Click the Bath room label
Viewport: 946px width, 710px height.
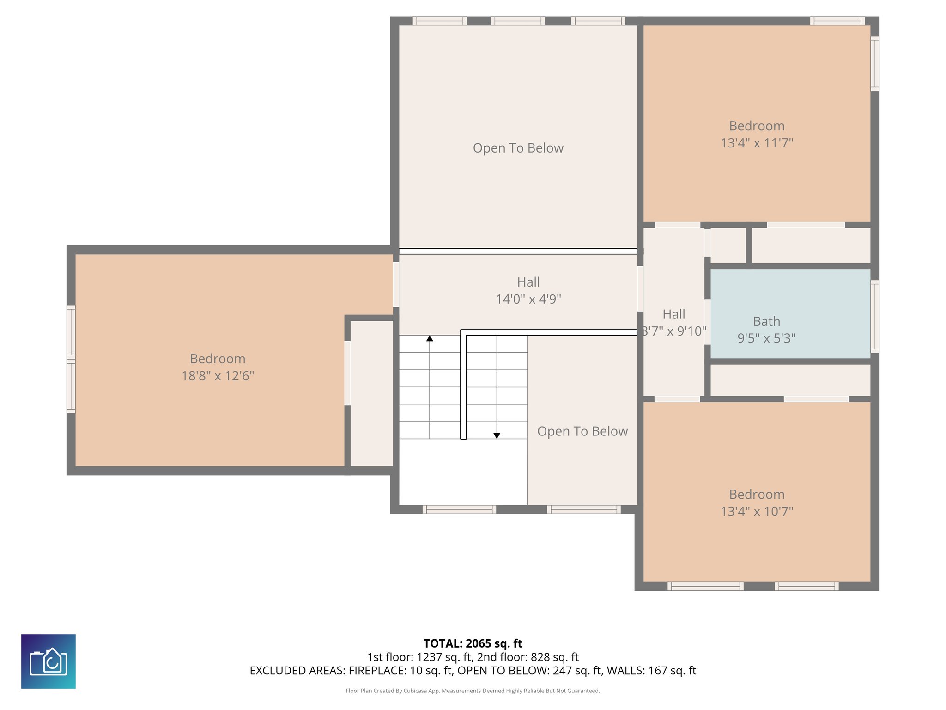pos(766,321)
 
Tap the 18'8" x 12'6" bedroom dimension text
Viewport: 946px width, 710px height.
pos(218,376)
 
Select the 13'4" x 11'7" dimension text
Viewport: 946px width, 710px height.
pos(757,143)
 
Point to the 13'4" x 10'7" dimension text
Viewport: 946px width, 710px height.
pos(757,511)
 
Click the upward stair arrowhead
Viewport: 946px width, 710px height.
pos(430,338)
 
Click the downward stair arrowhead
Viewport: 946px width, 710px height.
pos(497,435)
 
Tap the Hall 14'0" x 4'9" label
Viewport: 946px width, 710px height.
pos(528,291)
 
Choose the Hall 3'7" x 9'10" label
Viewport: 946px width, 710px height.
pos(674,323)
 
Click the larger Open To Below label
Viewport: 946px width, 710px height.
pos(518,148)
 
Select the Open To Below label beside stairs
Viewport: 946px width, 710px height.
pos(582,431)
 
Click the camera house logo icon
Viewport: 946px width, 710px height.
pos(49,661)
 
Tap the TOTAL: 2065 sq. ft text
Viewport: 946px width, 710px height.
pos(473,643)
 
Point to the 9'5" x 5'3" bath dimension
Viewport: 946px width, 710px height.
pos(766,338)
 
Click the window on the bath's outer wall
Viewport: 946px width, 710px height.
pos(874,316)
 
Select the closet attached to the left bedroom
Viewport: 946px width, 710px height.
pos(372,393)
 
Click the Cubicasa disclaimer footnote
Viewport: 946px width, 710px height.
pos(473,691)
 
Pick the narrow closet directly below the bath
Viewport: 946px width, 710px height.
pos(790,380)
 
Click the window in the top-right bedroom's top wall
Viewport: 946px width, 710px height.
pos(837,21)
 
